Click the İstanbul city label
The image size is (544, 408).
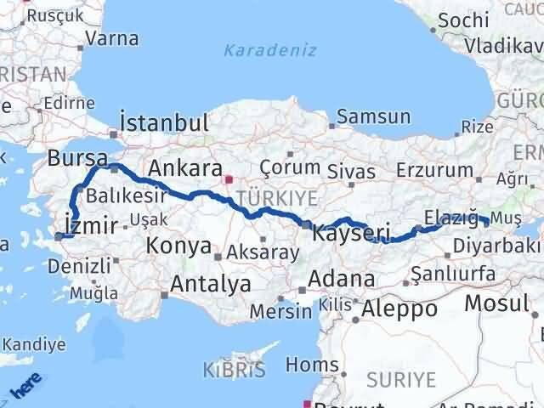(165, 122)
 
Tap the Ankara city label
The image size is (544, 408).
(185, 168)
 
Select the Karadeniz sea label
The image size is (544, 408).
(269, 50)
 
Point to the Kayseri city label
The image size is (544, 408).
(351, 231)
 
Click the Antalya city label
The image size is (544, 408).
(210, 284)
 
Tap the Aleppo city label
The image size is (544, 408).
(399, 309)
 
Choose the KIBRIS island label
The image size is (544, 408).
(235, 370)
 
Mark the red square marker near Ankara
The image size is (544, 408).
(227, 179)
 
